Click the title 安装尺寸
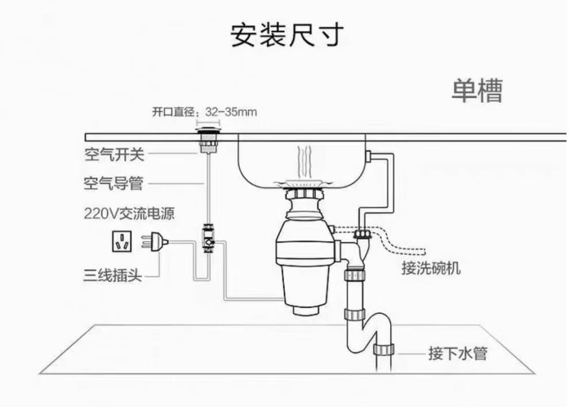pos(287,36)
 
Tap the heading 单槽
pos(476,91)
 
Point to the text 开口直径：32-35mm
pos(204,112)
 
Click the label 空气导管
pos(113,184)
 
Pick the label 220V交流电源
pos(129,214)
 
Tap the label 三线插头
pos(112,275)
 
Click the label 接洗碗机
pos(430,268)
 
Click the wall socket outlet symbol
pos(121,242)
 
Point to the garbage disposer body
pos(305,253)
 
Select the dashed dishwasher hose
pos(402,244)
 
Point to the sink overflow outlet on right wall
pos(369,155)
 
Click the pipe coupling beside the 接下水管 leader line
pos(383,350)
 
